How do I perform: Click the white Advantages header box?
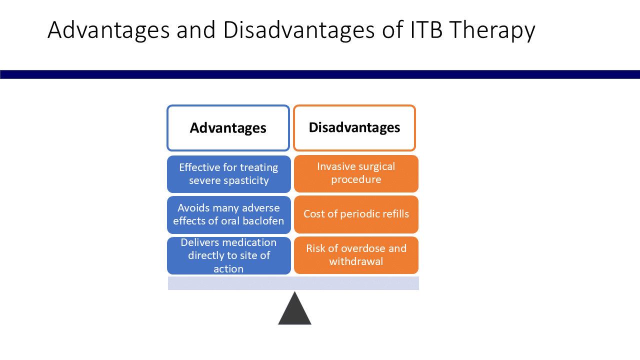(228, 128)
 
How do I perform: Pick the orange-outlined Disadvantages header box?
(354, 128)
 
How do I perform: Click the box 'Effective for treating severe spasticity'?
(228, 174)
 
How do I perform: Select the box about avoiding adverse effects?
(228, 214)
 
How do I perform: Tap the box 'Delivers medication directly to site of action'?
(228, 255)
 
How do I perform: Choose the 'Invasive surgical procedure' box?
(356, 173)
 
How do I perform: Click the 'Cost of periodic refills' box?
(356, 214)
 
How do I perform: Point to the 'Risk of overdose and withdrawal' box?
(356, 255)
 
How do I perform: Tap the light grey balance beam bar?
(293, 283)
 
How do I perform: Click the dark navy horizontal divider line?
(320, 74)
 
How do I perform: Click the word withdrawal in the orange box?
(356, 261)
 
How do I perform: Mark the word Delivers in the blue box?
(200, 242)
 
